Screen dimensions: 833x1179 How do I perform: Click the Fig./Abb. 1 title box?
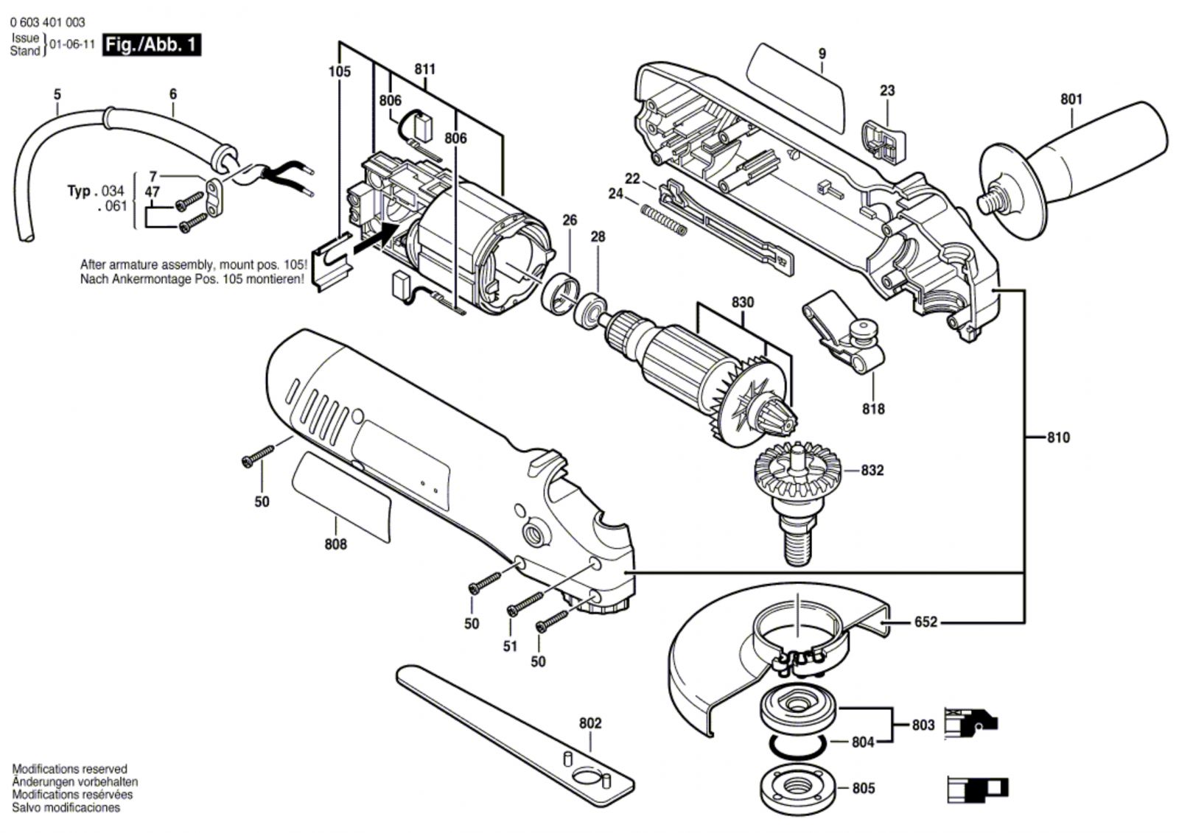pyautogui.click(x=151, y=45)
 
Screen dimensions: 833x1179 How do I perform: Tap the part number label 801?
pyautogui.click(x=1071, y=99)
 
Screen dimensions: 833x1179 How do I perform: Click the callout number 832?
pyautogui.click(x=872, y=470)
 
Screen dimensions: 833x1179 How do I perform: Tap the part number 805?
pyautogui.click(x=863, y=789)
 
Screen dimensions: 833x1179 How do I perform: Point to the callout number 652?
pyautogui.click(x=926, y=622)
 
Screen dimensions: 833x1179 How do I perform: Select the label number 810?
pyautogui.click(x=1058, y=437)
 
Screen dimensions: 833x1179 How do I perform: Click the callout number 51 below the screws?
pyautogui.click(x=510, y=646)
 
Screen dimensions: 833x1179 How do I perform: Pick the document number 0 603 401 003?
pyautogui.click(x=48, y=23)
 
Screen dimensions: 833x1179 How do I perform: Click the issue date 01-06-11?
pyautogui.click(x=72, y=44)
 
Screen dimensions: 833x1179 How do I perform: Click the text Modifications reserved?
pyautogui.click(x=69, y=769)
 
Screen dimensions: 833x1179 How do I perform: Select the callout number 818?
pyautogui.click(x=873, y=409)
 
